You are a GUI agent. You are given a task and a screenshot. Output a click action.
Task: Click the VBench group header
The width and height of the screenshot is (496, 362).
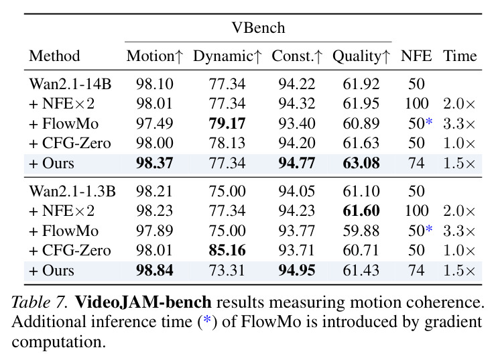click(x=258, y=28)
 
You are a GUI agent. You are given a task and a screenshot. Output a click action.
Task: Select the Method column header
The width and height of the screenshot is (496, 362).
click(x=54, y=56)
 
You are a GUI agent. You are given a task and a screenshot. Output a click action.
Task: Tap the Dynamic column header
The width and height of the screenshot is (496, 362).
click(x=227, y=56)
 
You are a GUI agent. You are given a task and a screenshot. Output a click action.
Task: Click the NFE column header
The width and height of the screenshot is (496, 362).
click(x=416, y=56)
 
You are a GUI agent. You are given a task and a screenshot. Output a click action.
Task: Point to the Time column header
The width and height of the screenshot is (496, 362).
click(x=460, y=56)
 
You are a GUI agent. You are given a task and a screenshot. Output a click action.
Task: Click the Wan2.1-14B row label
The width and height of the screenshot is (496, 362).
click(x=70, y=84)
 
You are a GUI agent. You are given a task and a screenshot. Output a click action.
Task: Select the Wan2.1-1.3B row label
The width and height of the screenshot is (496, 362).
click(x=72, y=191)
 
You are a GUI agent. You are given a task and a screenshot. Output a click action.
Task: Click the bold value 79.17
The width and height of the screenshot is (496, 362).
click(x=227, y=123)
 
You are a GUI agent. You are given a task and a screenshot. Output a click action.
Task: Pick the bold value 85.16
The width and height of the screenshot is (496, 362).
click(x=227, y=250)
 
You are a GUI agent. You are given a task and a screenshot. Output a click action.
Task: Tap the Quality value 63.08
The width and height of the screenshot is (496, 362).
click(x=361, y=163)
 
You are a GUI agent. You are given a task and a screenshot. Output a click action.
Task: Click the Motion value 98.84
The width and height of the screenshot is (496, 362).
click(x=154, y=270)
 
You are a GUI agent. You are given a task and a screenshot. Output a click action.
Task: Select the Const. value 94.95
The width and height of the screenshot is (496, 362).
click(x=297, y=270)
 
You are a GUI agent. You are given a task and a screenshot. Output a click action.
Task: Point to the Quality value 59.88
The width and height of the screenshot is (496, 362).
click(x=361, y=231)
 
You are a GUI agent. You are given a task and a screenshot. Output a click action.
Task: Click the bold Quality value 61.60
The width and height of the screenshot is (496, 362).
click(x=361, y=210)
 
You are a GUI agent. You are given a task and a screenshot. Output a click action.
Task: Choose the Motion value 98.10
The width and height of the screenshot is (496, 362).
click(x=154, y=84)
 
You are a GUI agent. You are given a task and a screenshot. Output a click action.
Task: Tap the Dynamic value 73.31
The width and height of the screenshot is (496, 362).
click(x=227, y=270)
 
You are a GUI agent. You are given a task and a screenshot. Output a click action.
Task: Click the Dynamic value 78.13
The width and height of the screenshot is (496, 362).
click(x=227, y=143)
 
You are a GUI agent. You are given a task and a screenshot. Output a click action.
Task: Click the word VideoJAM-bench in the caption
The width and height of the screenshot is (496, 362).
click(x=143, y=302)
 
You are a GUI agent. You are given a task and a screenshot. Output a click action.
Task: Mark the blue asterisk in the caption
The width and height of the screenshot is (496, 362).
click(x=207, y=320)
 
